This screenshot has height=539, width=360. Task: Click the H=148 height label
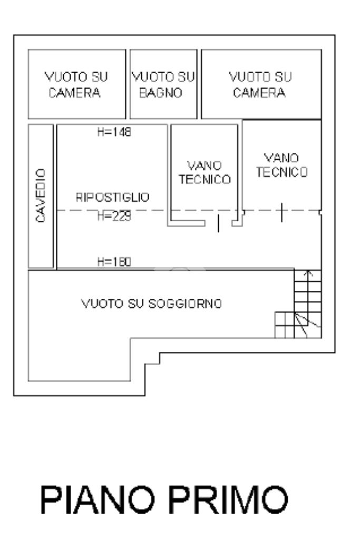coord(114,132)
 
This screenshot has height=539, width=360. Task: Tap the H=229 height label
coord(114,216)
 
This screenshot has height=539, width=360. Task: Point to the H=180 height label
coord(114,262)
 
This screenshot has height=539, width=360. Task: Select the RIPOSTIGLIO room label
coord(112,197)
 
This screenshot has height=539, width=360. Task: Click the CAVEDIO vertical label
coord(41,195)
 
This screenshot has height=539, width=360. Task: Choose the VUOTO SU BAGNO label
coord(163,84)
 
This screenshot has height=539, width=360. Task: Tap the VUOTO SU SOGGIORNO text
coord(152,303)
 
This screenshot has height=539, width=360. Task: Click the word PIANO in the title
coord(98,499)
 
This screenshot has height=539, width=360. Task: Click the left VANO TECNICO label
coord(205,173)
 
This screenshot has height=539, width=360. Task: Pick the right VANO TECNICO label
coord(281,165)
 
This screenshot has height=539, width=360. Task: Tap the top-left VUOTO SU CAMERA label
coord(76,84)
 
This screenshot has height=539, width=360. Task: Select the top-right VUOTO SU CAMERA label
coord(260,84)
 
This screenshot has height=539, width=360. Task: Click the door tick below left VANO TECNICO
coord(218,223)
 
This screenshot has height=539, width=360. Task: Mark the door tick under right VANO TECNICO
coord(281,212)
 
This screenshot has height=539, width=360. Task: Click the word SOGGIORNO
coord(185,303)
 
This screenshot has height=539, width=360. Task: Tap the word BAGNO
coord(161,93)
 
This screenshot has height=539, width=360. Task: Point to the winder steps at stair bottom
coord(298,325)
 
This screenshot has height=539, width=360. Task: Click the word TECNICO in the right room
coord(281,172)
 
